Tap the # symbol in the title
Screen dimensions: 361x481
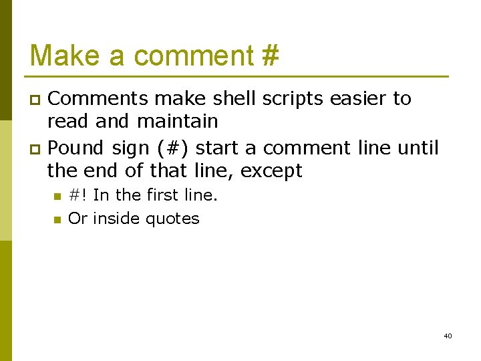tap(270, 55)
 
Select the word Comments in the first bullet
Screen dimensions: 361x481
tap(98, 99)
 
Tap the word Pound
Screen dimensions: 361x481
tap(77, 147)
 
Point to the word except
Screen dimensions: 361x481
tap(271, 171)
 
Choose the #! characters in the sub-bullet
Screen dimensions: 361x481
tap(78, 195)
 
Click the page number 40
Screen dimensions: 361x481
tap(447, 336)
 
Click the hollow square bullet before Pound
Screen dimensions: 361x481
tap(37, 148)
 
